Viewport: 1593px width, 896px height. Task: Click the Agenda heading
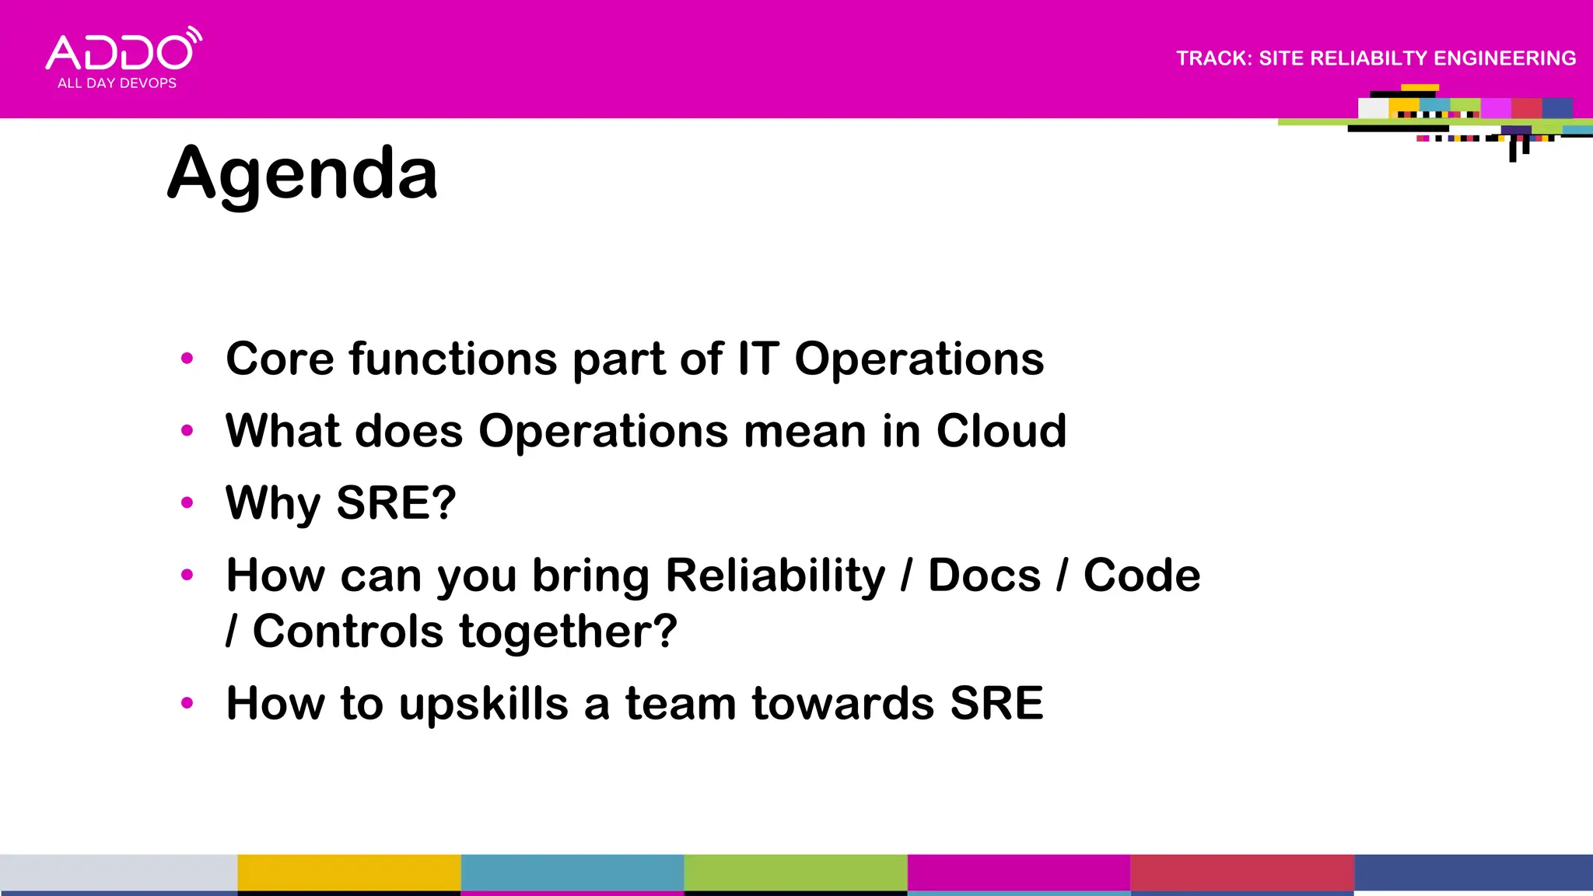pyautogui.click(x=303, y=174)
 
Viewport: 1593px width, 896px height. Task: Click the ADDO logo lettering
pyautogui.click(x=120, y=53)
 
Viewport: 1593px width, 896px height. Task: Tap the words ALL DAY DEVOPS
pyautogui.click(x=117, y=83)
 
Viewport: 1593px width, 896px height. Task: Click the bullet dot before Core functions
pyautogui.click(x=187, y=359)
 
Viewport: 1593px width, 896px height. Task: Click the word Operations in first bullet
pyautogui.click(x=919, y=359)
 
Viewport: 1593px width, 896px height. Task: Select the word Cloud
pyautogui.click(x=1001, y=431)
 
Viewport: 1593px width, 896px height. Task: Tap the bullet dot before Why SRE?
pyautogui.click(x=187, y=502)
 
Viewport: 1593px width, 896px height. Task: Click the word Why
pyautogui.click(x=272, y=503)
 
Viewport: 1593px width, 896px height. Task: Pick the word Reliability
pyautogui.click(x=775, y=576)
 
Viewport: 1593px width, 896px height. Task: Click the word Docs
pyautogui.click(x=984, y=576)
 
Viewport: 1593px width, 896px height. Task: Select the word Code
pyautogui.click(x=1141, y=576)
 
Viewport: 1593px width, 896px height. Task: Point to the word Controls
pyautogui.click(x=348, y=631)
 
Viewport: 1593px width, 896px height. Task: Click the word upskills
pyautogui.click(x=484, y=704)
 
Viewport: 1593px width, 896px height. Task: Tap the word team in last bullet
pyautogui.click(x=680, y=704)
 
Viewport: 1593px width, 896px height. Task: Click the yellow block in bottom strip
pyautogui.click(x=348, y=873)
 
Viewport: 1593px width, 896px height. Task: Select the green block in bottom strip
pyautogui.click(x=795, y=873)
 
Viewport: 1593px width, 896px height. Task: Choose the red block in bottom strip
pyautogui.click(x=1241, y=873)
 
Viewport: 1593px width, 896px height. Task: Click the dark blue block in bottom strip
pyautogui.click(x=1473, y=873)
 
